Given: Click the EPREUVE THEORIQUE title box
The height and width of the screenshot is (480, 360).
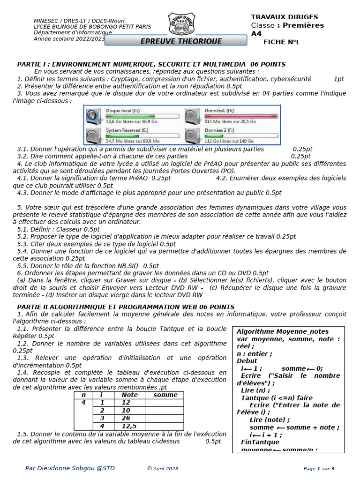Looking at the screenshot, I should tap(175, 41).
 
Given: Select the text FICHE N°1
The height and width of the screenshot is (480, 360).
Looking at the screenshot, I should tap(281, 42).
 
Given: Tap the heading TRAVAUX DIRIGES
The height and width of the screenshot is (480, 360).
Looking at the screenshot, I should tap(284, 17).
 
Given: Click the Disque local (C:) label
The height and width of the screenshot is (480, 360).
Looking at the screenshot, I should tap(123, 110).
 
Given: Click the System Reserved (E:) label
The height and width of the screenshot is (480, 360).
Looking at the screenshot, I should tap(127, 130).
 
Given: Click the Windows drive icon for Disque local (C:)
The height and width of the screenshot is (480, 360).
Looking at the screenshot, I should tap(94, 115).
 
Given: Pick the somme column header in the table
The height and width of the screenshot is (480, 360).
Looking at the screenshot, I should tap(165, 395).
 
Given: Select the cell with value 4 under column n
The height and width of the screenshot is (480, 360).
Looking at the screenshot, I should tap(83, 402).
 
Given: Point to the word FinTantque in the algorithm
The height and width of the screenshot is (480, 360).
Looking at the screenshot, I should tap(260, 442).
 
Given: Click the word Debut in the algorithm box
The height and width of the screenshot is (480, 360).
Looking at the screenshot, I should tap(247, 361).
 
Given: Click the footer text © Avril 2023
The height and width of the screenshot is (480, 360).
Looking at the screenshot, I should tap(163, 468).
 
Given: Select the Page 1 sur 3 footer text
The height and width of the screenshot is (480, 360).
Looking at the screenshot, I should tap(319, 468).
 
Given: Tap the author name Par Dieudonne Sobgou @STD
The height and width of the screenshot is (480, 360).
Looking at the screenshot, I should tap(70, 468).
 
